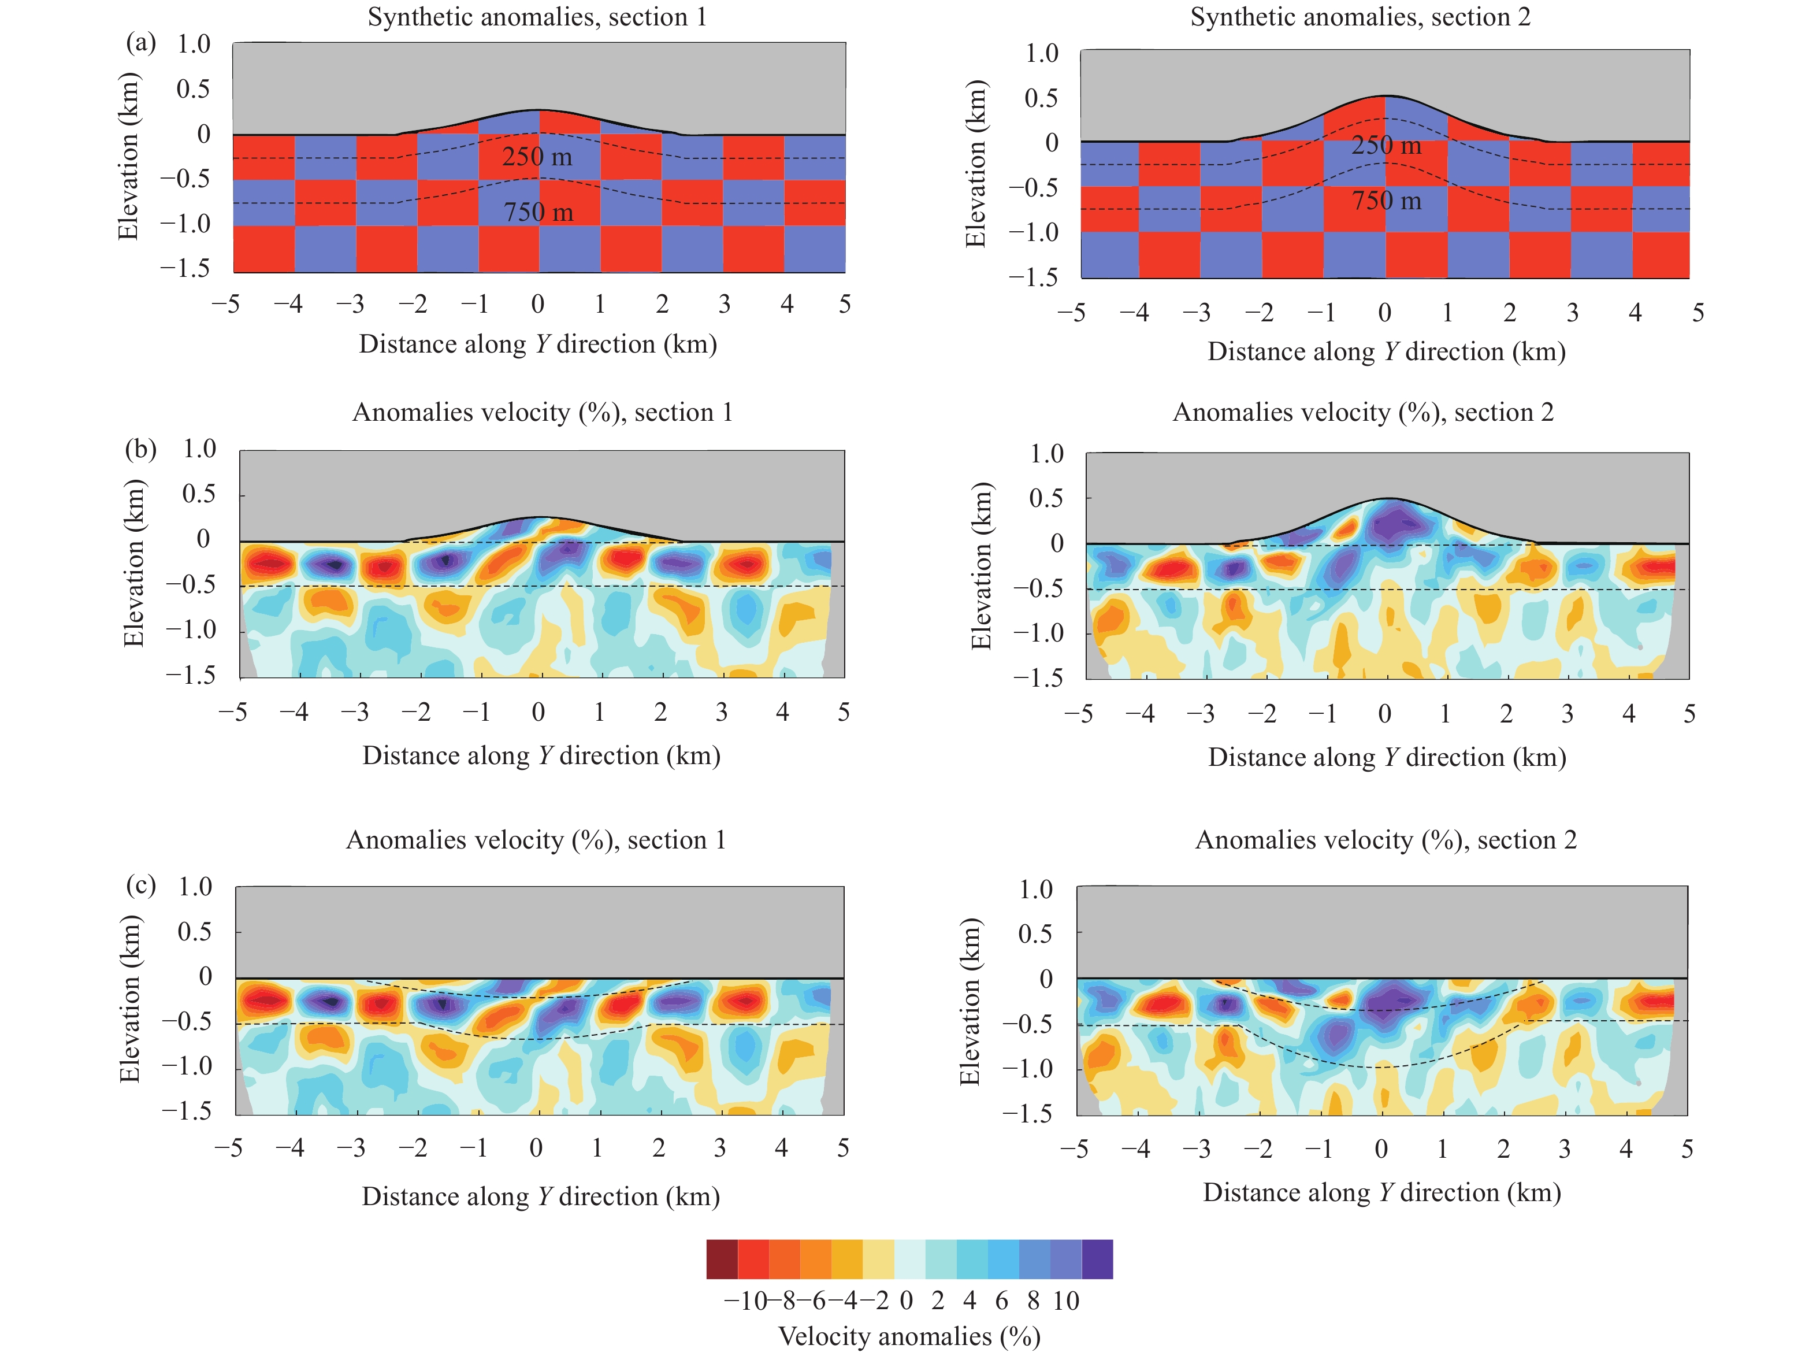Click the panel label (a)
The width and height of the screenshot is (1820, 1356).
140,43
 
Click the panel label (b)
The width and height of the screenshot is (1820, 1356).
140,449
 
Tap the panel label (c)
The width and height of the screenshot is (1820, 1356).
140,885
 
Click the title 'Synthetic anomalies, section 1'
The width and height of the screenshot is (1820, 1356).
537,17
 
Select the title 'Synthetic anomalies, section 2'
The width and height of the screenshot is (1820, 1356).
1360,17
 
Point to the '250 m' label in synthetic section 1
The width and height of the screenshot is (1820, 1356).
537,156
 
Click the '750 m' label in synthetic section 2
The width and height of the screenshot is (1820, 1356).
1386,201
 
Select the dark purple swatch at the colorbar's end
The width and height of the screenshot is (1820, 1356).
1097,1258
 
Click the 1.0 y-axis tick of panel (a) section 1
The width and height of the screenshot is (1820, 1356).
194,45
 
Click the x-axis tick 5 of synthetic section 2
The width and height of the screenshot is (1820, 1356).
1698,313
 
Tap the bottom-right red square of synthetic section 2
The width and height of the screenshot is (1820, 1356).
1660,255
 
